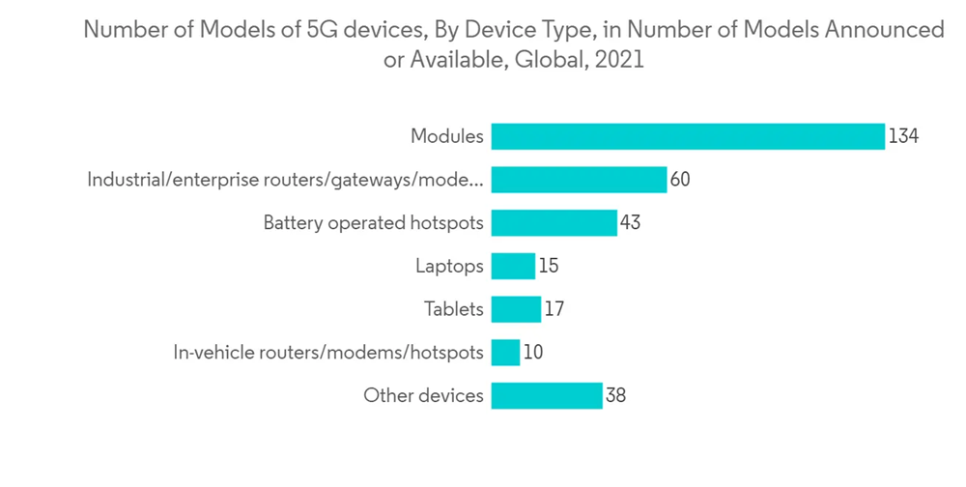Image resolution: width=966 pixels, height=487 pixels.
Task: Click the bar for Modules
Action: click(687, 136)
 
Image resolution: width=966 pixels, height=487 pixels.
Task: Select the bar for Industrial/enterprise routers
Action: click(579, 180)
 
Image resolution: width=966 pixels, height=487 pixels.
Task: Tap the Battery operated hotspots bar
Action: click(554, 223)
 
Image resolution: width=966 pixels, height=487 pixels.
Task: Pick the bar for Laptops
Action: click(513, 266)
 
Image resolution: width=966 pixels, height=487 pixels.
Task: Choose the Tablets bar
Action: click(516, 309)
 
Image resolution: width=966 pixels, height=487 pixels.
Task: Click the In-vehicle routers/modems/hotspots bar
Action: click(505, 353)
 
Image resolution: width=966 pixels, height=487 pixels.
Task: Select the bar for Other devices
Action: click(547, 395)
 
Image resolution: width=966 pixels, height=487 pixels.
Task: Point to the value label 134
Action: click(903, 136)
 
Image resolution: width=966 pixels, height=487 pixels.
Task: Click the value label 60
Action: click(680, 180)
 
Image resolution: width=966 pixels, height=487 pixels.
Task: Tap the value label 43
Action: click(630, 223)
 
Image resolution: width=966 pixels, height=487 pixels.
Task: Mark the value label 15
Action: click(549, 266)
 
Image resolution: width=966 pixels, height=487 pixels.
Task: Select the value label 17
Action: click(554, 309)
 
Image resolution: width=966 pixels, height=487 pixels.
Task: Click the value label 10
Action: click(532, 353)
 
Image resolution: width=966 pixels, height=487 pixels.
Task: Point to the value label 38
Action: click(615, 395)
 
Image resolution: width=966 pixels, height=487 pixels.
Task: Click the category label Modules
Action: click(446, 136)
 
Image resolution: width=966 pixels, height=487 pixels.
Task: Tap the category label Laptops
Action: click(449, 266)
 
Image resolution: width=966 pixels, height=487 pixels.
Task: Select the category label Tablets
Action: click(453, 309)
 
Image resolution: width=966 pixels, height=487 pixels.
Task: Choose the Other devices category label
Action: click(423, 395)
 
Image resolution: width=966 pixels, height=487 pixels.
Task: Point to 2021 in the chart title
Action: click(619, 59)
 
